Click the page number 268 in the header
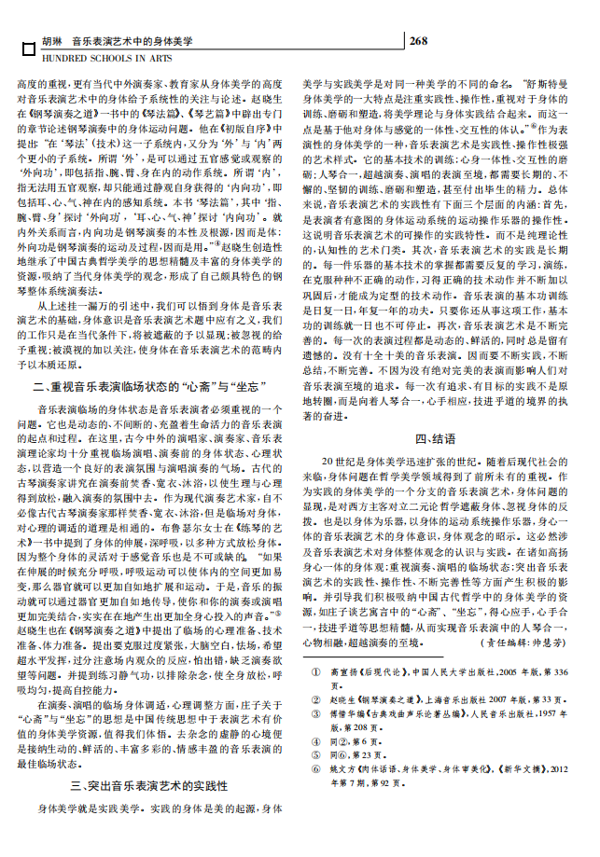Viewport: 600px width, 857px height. pyautogui.click(x=418, y=41)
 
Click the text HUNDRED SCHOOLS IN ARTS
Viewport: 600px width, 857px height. pyautogui.click(x=93, y=58)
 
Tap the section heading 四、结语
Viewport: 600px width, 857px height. pyautogui.click(x=436, y=438)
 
